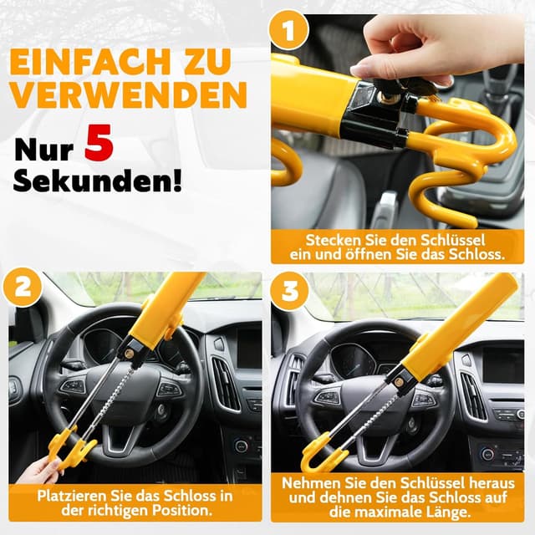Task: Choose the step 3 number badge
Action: pos(288,293)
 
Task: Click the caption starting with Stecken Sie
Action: pos(397,247)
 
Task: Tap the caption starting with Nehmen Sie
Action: pos(397,498)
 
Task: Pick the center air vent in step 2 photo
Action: pos(224,385)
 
